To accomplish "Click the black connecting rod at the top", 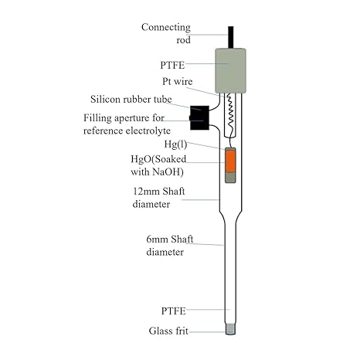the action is pos(231,37).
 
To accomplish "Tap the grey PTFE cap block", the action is pos(230,70).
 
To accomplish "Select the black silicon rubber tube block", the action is pos(199,117).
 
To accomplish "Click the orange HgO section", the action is pos(230,161).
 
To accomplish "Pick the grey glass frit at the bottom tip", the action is pos(230,329).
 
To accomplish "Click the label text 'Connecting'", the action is pos(166,28).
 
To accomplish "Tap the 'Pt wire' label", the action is pos(178,81).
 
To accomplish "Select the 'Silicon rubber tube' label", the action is pos(131,99).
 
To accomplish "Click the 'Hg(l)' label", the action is pos(175,144).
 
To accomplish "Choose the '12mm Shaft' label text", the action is pos(159,192).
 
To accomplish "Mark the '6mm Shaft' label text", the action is pos(170,239).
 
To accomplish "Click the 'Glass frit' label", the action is pos(168,331).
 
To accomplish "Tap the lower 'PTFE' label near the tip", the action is pos(173,311).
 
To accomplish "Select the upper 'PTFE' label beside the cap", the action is pos(172,65).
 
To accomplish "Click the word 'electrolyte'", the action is pos(148,131).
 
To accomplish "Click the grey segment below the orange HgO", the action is pos(230,177).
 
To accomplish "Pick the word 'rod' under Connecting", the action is pos(184,40).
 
